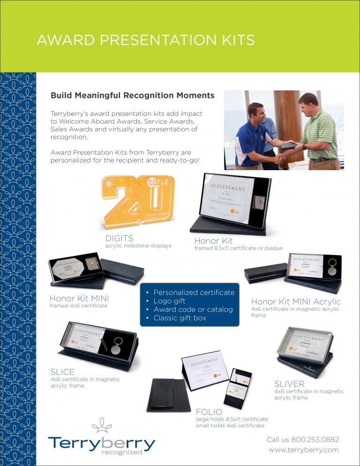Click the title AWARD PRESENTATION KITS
click(x=145, y=40)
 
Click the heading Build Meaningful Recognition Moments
click(x=132, y=96)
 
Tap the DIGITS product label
click(x=119, y=238)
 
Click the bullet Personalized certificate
click(x=194, y=293)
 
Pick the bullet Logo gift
click(x=169, y=301)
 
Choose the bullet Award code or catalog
click(x=193, y=309)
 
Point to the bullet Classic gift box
click(x=180, y=318)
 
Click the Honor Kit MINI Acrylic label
click(x=296, y=301)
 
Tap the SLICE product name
click(x=62, y=372)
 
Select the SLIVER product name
click(x=290, y=384)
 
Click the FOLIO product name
click(x=209, y=412)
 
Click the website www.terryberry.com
click(x=303, y=450)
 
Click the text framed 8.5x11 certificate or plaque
click(x=238, y=248)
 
